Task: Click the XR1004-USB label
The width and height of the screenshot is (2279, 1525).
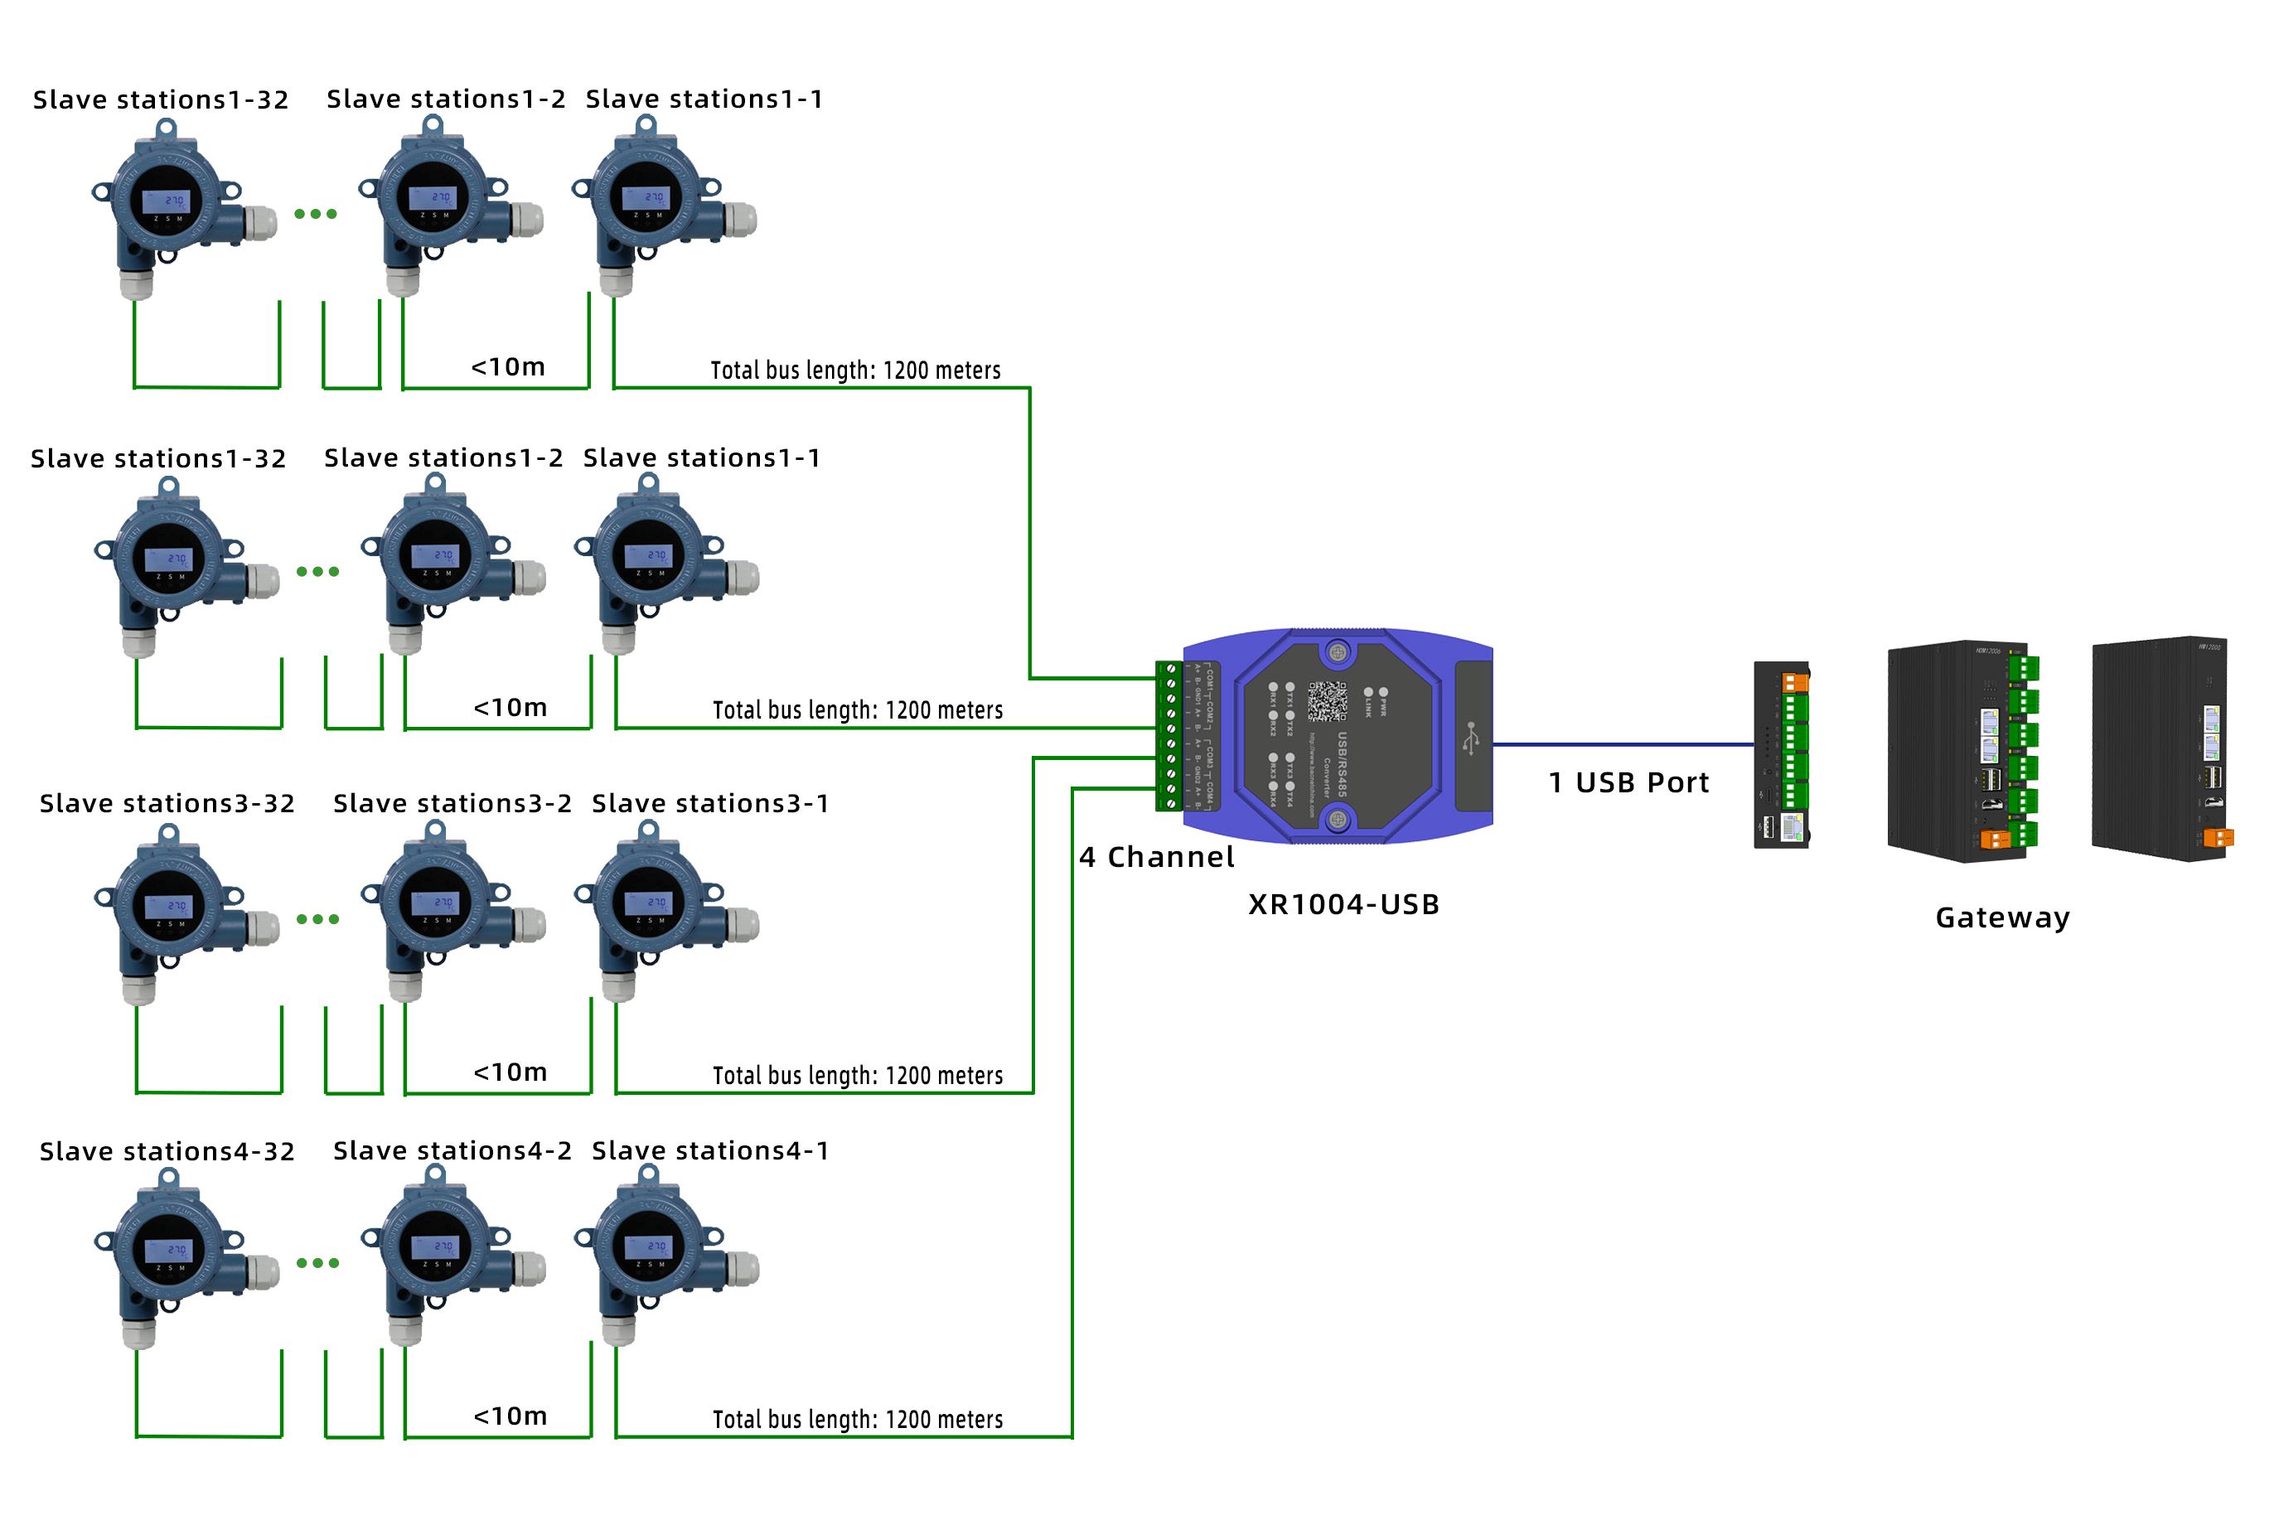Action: pyautogui.click(x=1343, y=904)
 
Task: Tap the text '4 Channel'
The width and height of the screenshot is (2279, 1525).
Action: pyautogui.click(x=1156, y=857)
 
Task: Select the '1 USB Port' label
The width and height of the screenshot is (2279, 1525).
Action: pyautogui.click(x=1628, y=783)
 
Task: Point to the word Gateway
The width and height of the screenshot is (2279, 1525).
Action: pyautogui.click(x=2002, y=917)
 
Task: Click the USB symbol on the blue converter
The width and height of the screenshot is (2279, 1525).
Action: pyautogui.click(x=1471, y=738)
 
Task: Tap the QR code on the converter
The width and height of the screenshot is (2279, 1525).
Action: pyautogui.click(x=1326, y=701)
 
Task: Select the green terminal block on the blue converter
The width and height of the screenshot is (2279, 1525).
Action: pyautogui.click(x=1169, y=736)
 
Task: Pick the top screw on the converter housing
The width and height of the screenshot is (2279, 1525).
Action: pyautogui.click(x=1338, y=652)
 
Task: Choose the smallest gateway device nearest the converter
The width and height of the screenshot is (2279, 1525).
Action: pyautogui.click(x=1781, y=756)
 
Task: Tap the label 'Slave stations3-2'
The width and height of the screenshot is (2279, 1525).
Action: pyautogui.click(x=452, y=803)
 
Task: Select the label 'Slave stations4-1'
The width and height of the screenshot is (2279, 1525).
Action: pyautogui.click(x=709, y=1150)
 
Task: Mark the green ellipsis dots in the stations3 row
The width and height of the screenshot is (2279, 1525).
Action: pyautogui.click(x=318, y=919)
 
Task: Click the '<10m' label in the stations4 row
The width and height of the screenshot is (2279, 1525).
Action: pyautogui.click(x=510, y=1416)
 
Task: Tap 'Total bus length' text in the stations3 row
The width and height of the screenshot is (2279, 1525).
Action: pyautogui.click(x=857, y=1076)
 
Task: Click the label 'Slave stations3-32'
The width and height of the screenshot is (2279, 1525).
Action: pyautogui.click(x=167, y=803)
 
